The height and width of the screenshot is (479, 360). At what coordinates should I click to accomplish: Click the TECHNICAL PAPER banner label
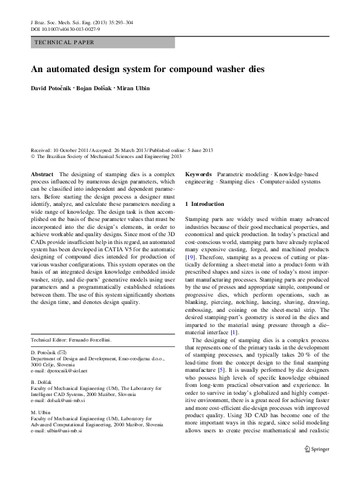click(64, 43)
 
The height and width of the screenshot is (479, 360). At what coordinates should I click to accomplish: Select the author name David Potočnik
click(51, 89)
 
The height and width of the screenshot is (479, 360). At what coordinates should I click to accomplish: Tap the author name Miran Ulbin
click(134, 89)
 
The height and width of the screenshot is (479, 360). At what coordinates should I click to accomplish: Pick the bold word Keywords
click(198, 174)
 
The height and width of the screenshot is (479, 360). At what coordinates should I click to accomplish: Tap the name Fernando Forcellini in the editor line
click(88, 340)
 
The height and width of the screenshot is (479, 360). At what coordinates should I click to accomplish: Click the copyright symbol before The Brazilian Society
click(33, 156)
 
